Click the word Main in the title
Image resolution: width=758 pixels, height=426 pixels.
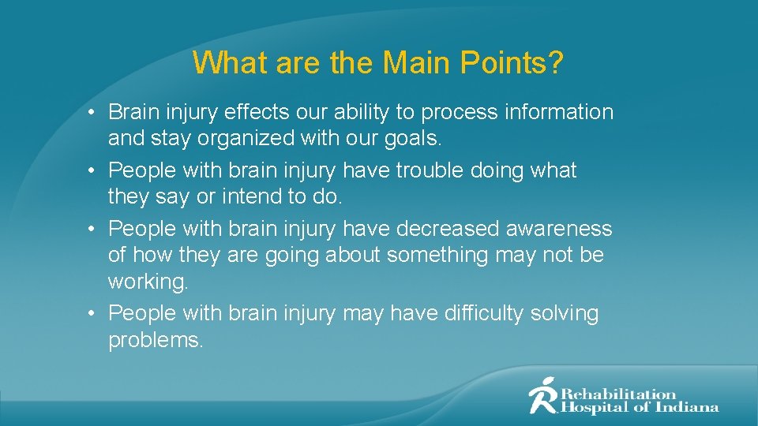[x=411, y=63]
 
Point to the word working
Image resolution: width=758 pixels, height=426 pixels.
[x=148, y=282]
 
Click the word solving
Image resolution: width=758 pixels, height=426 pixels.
[x=565, y=313]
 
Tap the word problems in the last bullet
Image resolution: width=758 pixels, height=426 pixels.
[x=156, y=340]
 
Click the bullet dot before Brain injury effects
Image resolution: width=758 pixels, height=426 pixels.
[x=92, y=113]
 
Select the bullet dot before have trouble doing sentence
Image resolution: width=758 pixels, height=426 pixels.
[x=92, y=171]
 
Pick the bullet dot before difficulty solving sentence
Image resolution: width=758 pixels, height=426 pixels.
[x=92, y=314]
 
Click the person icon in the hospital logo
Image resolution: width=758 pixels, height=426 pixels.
[x=543, y=395]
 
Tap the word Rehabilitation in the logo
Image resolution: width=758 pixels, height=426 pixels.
[x=618, y=394]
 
